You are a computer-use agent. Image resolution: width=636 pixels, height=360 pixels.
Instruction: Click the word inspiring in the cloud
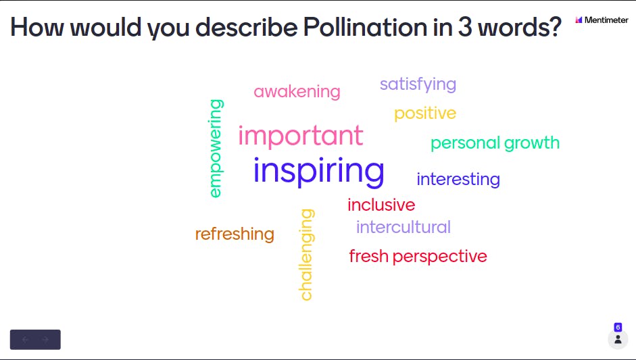(x=319, y=172)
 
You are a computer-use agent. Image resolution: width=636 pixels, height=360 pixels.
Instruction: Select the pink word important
(x=301, y=136)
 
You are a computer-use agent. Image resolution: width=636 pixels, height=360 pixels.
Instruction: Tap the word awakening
(x=297, y=92)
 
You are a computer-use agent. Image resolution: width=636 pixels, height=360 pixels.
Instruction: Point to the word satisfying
(x=418, y=84)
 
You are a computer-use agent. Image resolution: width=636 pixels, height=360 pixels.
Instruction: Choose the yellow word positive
(x=425, y=113)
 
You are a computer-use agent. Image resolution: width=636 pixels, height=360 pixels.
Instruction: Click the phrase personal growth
(x=495, y=143)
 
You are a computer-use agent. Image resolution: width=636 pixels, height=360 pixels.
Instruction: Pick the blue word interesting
(x=458, y=179)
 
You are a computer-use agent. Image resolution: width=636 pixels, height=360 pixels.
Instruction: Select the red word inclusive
(x=381, y=205)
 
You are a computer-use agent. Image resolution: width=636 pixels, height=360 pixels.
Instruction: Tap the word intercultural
(x=403, y=227)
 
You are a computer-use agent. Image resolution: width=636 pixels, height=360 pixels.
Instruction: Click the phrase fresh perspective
(x=418, y=256)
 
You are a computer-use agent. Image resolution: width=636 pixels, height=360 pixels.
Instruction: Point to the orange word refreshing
(x=235, y=234)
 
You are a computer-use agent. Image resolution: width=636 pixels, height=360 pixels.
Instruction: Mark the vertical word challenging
(x=307, y=255)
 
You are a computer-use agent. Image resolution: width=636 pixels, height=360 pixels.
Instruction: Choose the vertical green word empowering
(x=216, y=149)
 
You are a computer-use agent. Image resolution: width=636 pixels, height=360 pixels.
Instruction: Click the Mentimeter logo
(x=602, y=20)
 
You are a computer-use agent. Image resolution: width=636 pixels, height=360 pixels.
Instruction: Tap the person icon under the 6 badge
(x=618, y=339)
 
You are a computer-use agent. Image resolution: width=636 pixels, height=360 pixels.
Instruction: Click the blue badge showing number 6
(x=618, y=327)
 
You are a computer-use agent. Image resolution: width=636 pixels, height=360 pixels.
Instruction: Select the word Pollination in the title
(x=365, y=27)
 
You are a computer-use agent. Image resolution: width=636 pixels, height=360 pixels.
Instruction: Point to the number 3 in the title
(x=465, y=28)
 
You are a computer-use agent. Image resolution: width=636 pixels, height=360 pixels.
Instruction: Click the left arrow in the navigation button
(x=25, y=340)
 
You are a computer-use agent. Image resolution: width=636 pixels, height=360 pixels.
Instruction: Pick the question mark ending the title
(x=555, y=27)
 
